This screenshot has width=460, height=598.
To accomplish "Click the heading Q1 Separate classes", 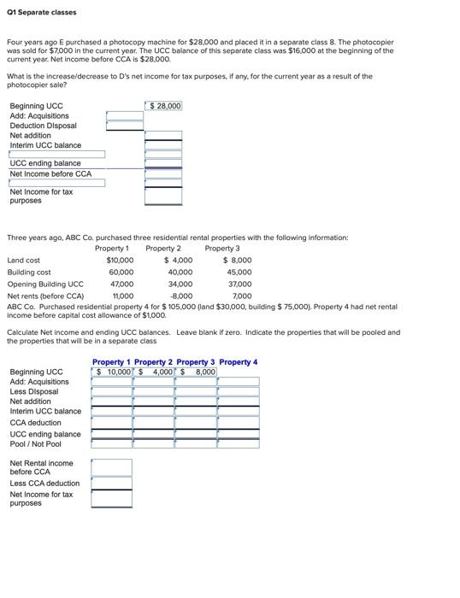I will coord(41,12).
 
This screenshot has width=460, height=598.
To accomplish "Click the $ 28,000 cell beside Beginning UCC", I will coord(163,106).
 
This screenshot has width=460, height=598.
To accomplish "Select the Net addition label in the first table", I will coord(31,135).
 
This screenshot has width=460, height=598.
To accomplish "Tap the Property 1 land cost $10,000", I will coord(120,260).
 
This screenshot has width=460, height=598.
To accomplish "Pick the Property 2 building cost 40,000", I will coord(180,272).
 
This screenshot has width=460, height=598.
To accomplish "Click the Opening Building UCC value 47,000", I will coord(121,284).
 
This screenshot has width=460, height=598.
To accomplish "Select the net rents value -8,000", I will coord(181,296).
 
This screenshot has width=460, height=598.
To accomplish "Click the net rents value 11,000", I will coord(122,296).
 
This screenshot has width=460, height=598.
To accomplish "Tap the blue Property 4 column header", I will coord(238,362).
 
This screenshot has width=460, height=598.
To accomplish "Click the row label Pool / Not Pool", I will coord(36,443).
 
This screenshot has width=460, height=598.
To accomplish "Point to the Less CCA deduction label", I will coord(44,483).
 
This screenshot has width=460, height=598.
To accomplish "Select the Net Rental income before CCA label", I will coord(41,467).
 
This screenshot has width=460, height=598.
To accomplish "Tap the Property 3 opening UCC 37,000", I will coord(240,284).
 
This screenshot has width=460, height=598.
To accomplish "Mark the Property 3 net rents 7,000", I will coord(242,296).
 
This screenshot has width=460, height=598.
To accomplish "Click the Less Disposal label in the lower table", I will coord(34,391).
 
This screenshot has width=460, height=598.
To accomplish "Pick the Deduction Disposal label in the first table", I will coord(43,126).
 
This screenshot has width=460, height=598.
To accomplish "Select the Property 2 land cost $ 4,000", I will coord(180,260).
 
